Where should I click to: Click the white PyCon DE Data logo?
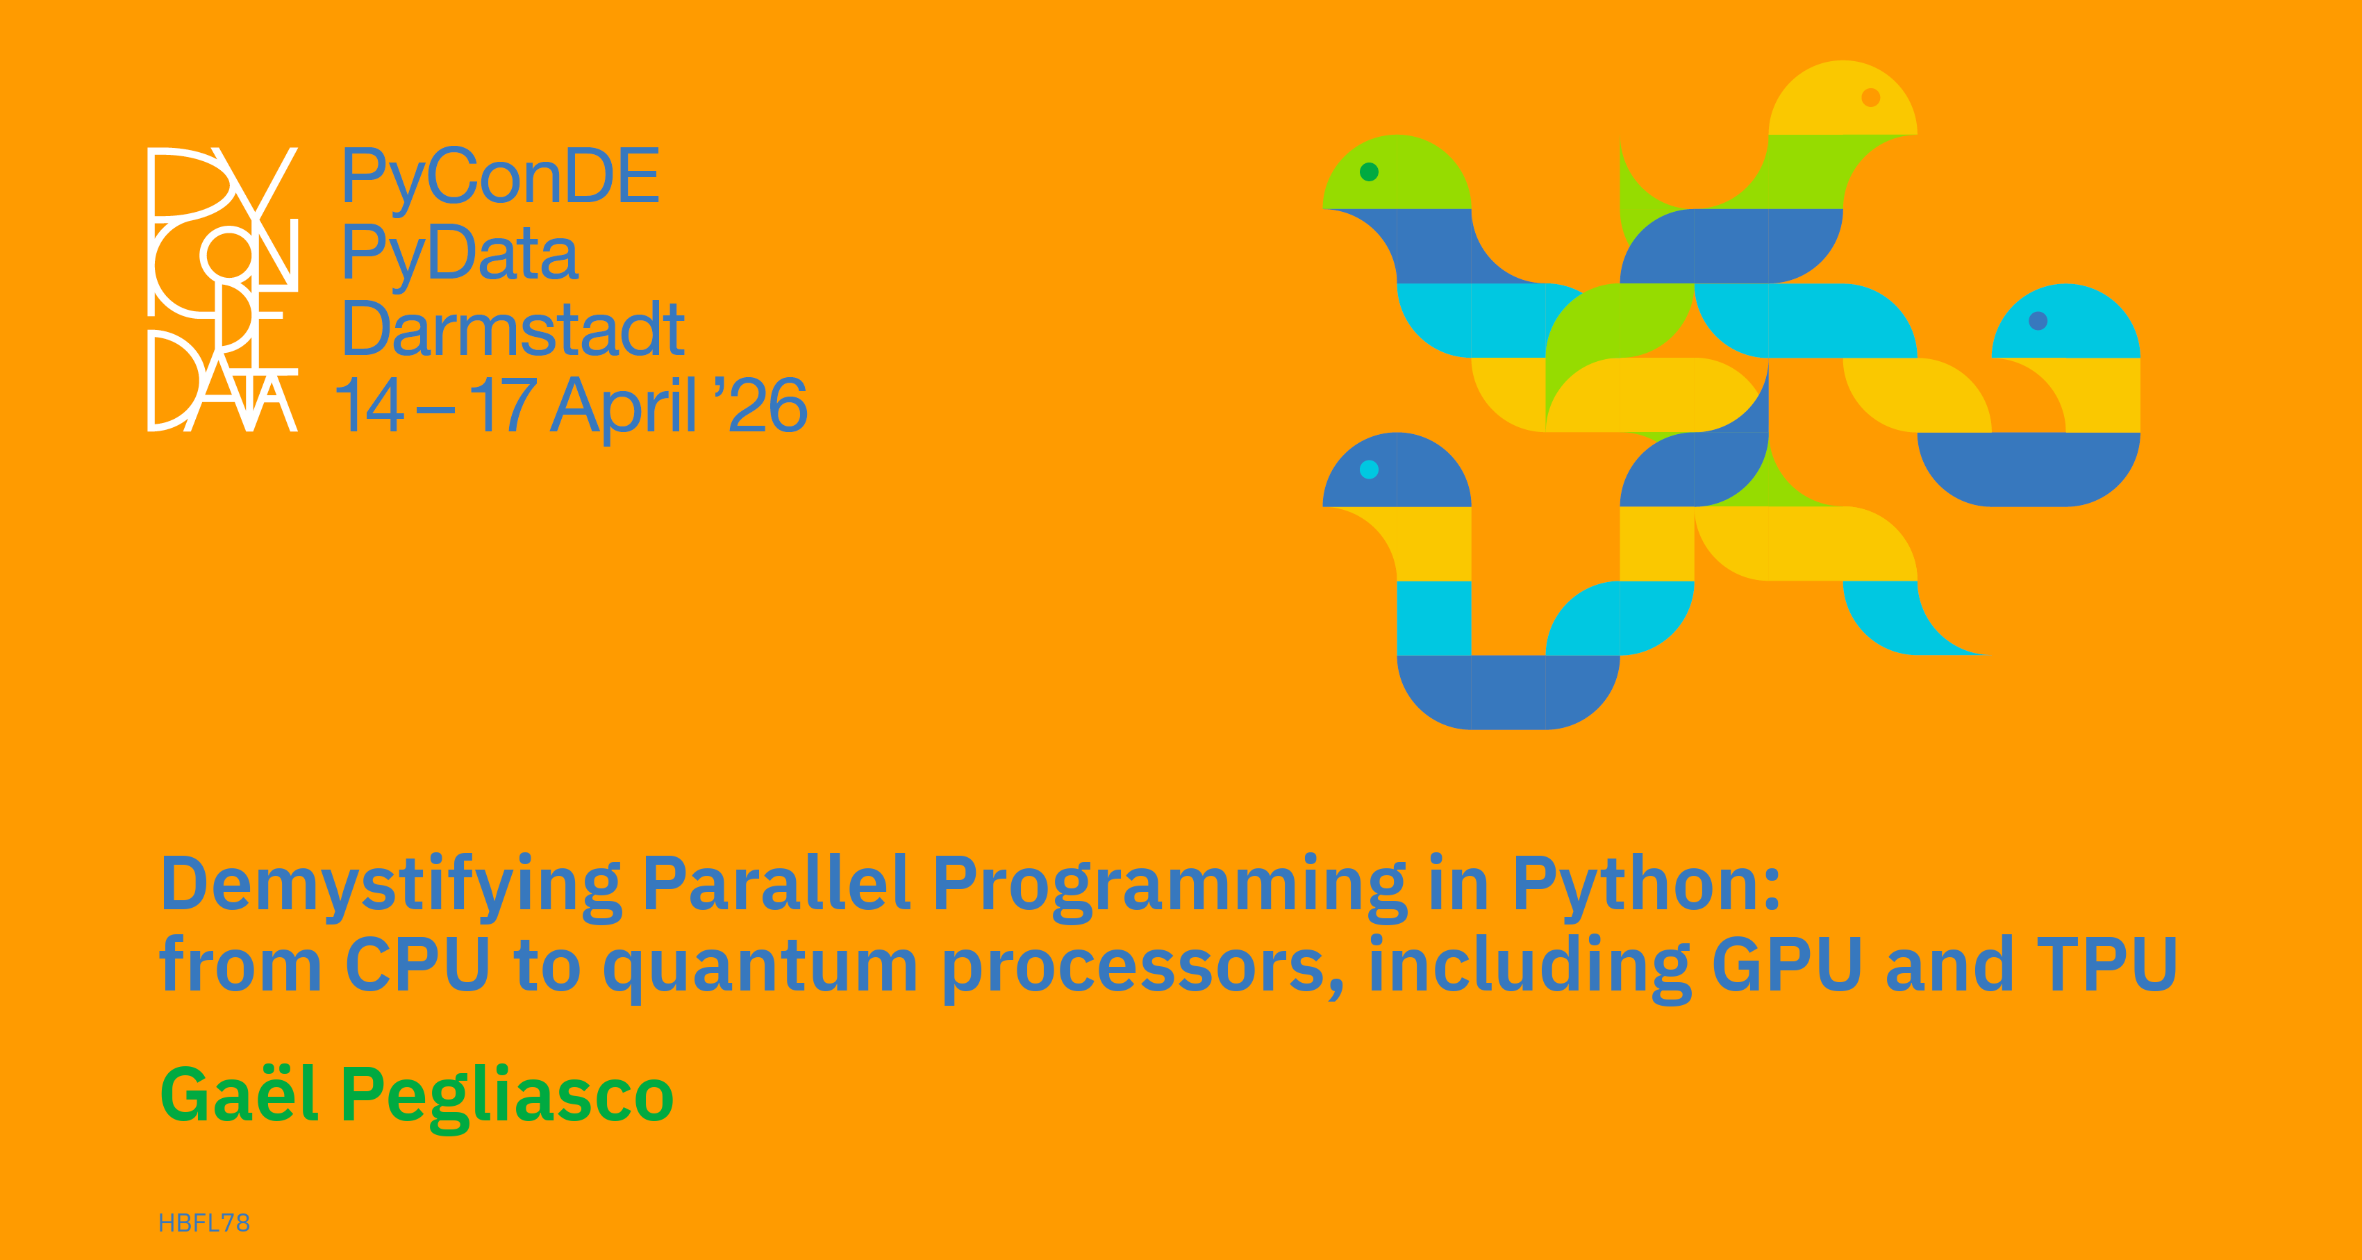point(223,289)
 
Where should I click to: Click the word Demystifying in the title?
point(392,886)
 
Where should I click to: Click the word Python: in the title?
point(1647,886)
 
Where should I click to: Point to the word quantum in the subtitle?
point(760,968)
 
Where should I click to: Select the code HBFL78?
point(204,1223)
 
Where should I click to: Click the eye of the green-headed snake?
point(1369,172)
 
